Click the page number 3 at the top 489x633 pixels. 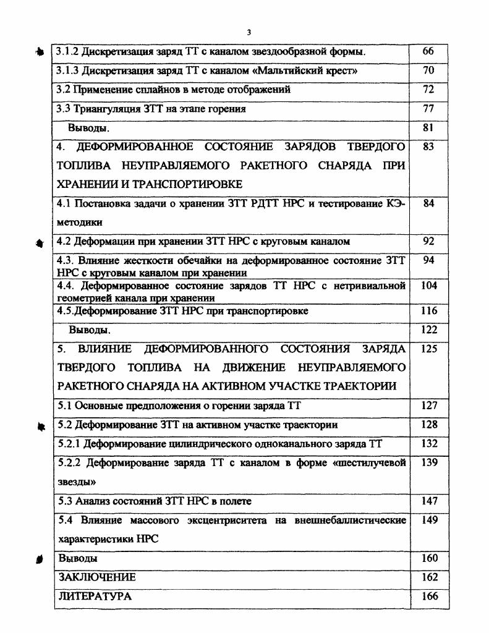[249, 33]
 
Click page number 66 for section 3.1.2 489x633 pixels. [428, 51]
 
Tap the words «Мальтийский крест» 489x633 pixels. [312, 70]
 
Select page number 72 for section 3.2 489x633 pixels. [428, 90]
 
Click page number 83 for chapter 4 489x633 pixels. [428, 147]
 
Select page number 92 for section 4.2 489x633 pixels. [428, 242]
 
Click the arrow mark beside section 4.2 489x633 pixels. [41, 242]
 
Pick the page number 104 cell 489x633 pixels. [428, 286]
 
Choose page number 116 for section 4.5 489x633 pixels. [428, 311]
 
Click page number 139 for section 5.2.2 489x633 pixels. [428, 463]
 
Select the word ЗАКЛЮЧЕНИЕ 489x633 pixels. [96, 577]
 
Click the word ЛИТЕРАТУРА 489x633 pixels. [94, 597]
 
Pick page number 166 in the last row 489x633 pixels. [428, 597]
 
